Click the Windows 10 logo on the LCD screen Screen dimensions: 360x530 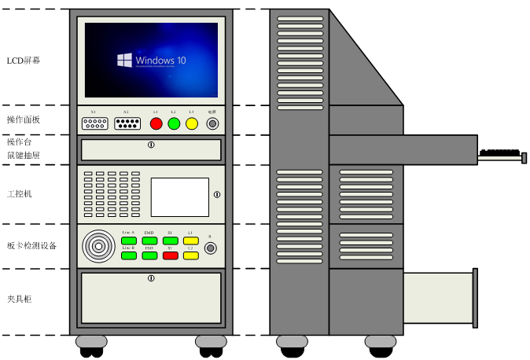[x=124, y=60]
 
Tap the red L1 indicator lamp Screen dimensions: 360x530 [x=156, y=123]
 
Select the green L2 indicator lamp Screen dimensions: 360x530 [x=174, y=123]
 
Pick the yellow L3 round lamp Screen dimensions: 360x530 [x=191, y=123]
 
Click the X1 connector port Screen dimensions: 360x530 [x=94, y=123]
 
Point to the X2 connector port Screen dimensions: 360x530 [x=125, y=123]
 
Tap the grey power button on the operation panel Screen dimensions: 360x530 [x=212, y=123]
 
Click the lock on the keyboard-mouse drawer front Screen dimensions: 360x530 [x=151, y=145]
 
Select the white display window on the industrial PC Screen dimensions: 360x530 [x=179, y=197]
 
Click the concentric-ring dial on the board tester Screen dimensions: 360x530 [x=98, y=246]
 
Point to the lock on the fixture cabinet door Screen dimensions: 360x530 [x=151, y=277]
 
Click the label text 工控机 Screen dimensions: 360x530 [x=20, y=193]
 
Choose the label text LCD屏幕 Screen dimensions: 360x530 [x=24, y=61]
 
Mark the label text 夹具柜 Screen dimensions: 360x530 [x=20, y=299]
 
